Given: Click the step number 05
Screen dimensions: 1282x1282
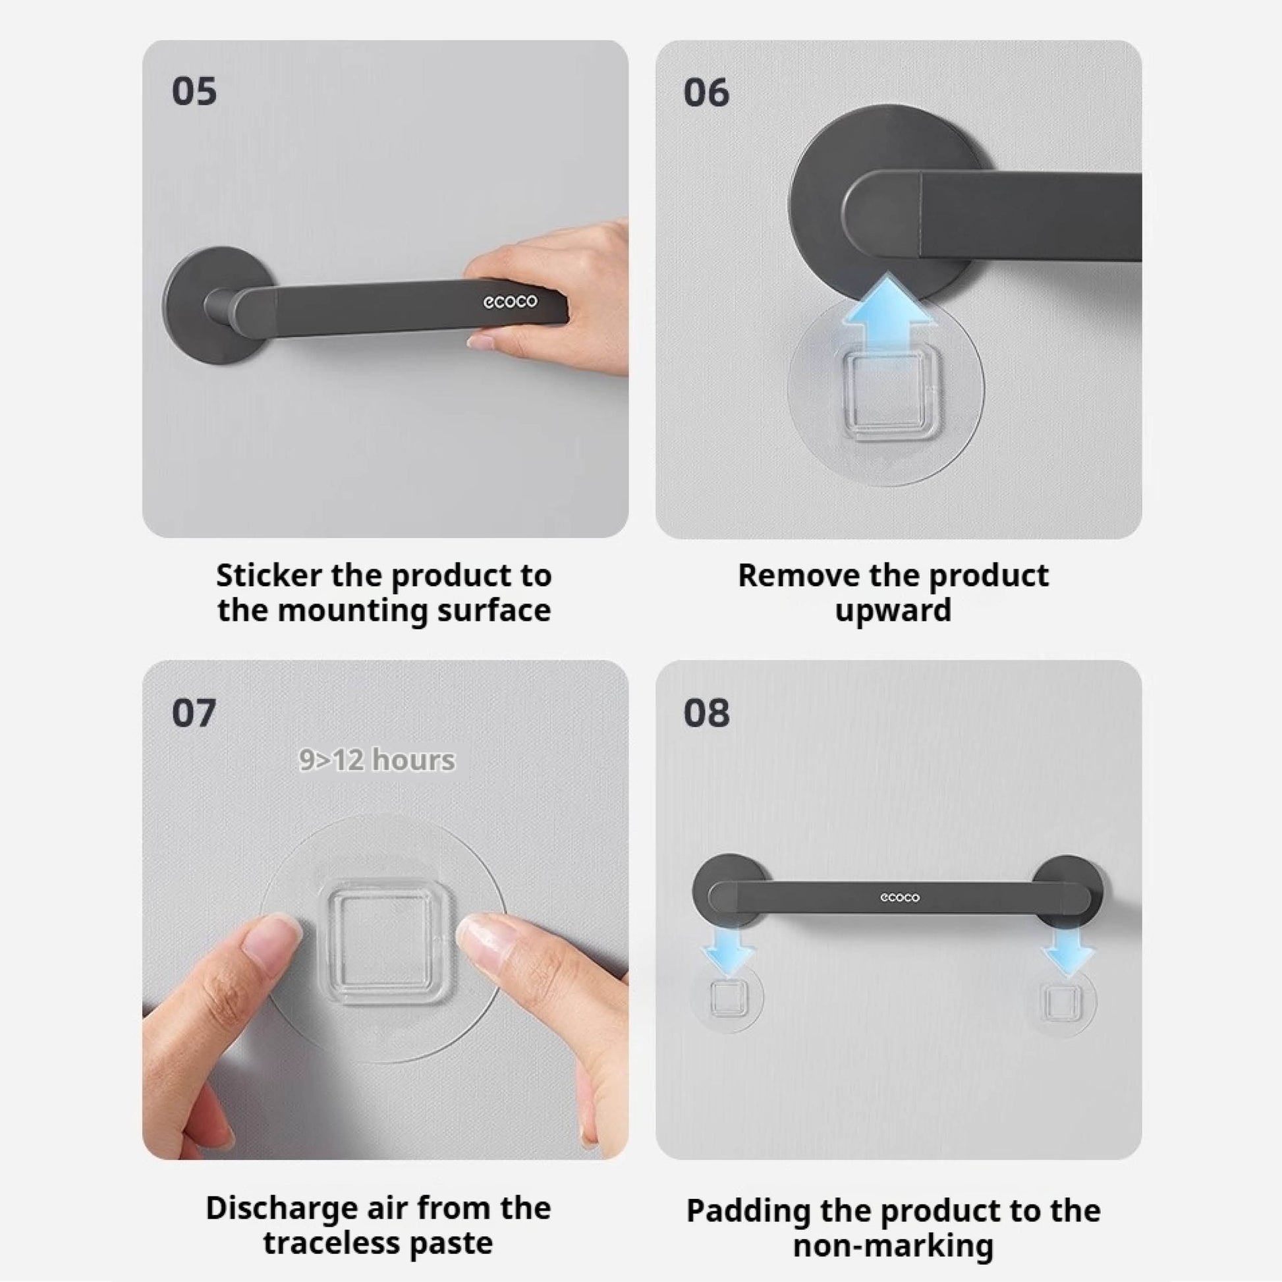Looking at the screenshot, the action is (194, 92).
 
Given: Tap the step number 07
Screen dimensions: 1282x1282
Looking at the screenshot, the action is (194, 713).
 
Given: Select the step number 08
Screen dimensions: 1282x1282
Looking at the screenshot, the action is (706, 713).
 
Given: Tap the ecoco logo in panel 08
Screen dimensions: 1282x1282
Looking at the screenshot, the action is (900, 898).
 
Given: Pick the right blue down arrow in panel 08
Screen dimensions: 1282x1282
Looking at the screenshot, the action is (1067, 951).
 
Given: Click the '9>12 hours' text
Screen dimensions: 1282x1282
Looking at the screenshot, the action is (377, 760).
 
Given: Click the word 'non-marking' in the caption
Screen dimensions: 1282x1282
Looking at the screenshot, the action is (893, 1246).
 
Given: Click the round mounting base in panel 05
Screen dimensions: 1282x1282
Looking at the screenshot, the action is (219, 306).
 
